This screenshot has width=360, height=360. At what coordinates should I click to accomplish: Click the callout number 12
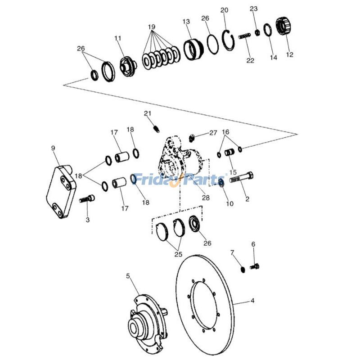pos(290,54)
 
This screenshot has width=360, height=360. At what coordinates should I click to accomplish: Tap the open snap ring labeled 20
pos(229,40)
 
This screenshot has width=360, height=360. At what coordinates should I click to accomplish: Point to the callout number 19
pos(152,27)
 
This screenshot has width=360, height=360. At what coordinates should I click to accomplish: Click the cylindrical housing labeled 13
pos(193,49)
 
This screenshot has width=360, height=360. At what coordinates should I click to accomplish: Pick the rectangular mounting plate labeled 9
pos(61,191)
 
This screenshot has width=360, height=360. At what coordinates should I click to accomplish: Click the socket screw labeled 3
pos(87,198)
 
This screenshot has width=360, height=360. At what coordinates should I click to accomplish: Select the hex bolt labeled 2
pos(241,177)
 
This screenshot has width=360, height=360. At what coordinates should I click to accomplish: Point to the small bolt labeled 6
pos(254,266)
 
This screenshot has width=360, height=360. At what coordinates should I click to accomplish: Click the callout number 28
pos(206,198)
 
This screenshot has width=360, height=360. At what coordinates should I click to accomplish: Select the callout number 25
pos(178,254)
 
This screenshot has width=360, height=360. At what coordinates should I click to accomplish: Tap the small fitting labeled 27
pos(192,138)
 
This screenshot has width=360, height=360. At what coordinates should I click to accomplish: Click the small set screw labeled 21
pos(156,129)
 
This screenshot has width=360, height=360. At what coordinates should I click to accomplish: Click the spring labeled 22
pos(244,36)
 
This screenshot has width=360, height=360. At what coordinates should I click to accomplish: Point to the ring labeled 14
pos(267,30)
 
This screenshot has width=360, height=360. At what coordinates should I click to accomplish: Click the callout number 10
pos(229,203)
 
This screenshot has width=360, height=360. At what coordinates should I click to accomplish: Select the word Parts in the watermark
pos(204,179)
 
